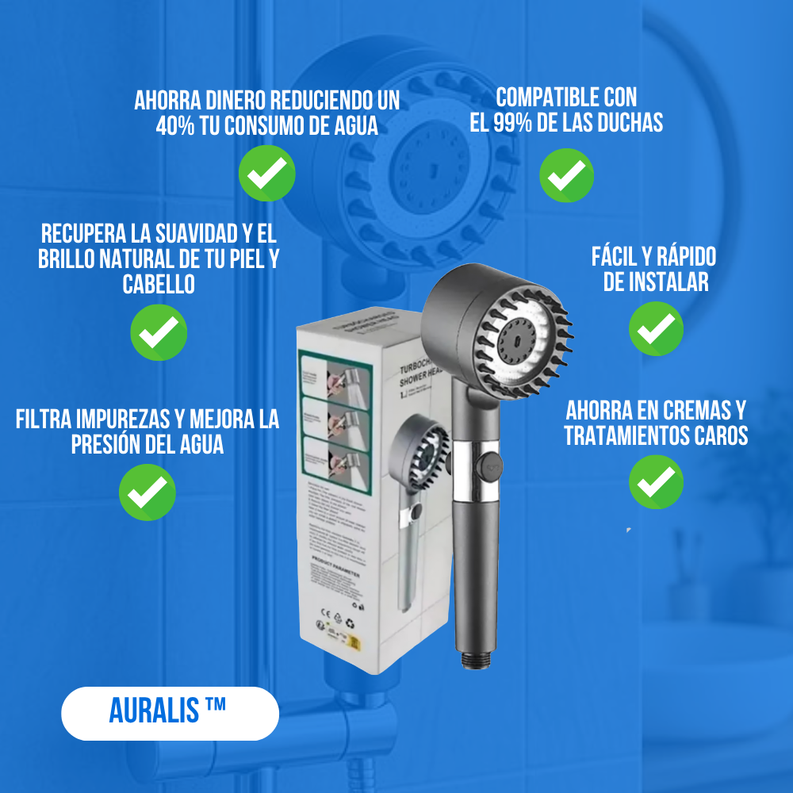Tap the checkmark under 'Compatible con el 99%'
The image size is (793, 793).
pos(566,175)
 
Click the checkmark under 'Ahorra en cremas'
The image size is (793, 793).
pos(656,481)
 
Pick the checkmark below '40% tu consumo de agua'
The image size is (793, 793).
pos(267,172)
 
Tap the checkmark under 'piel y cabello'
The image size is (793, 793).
pos(159,333)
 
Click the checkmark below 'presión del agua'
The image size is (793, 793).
pos(147,492)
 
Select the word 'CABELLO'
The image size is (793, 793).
pos(159,285)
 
